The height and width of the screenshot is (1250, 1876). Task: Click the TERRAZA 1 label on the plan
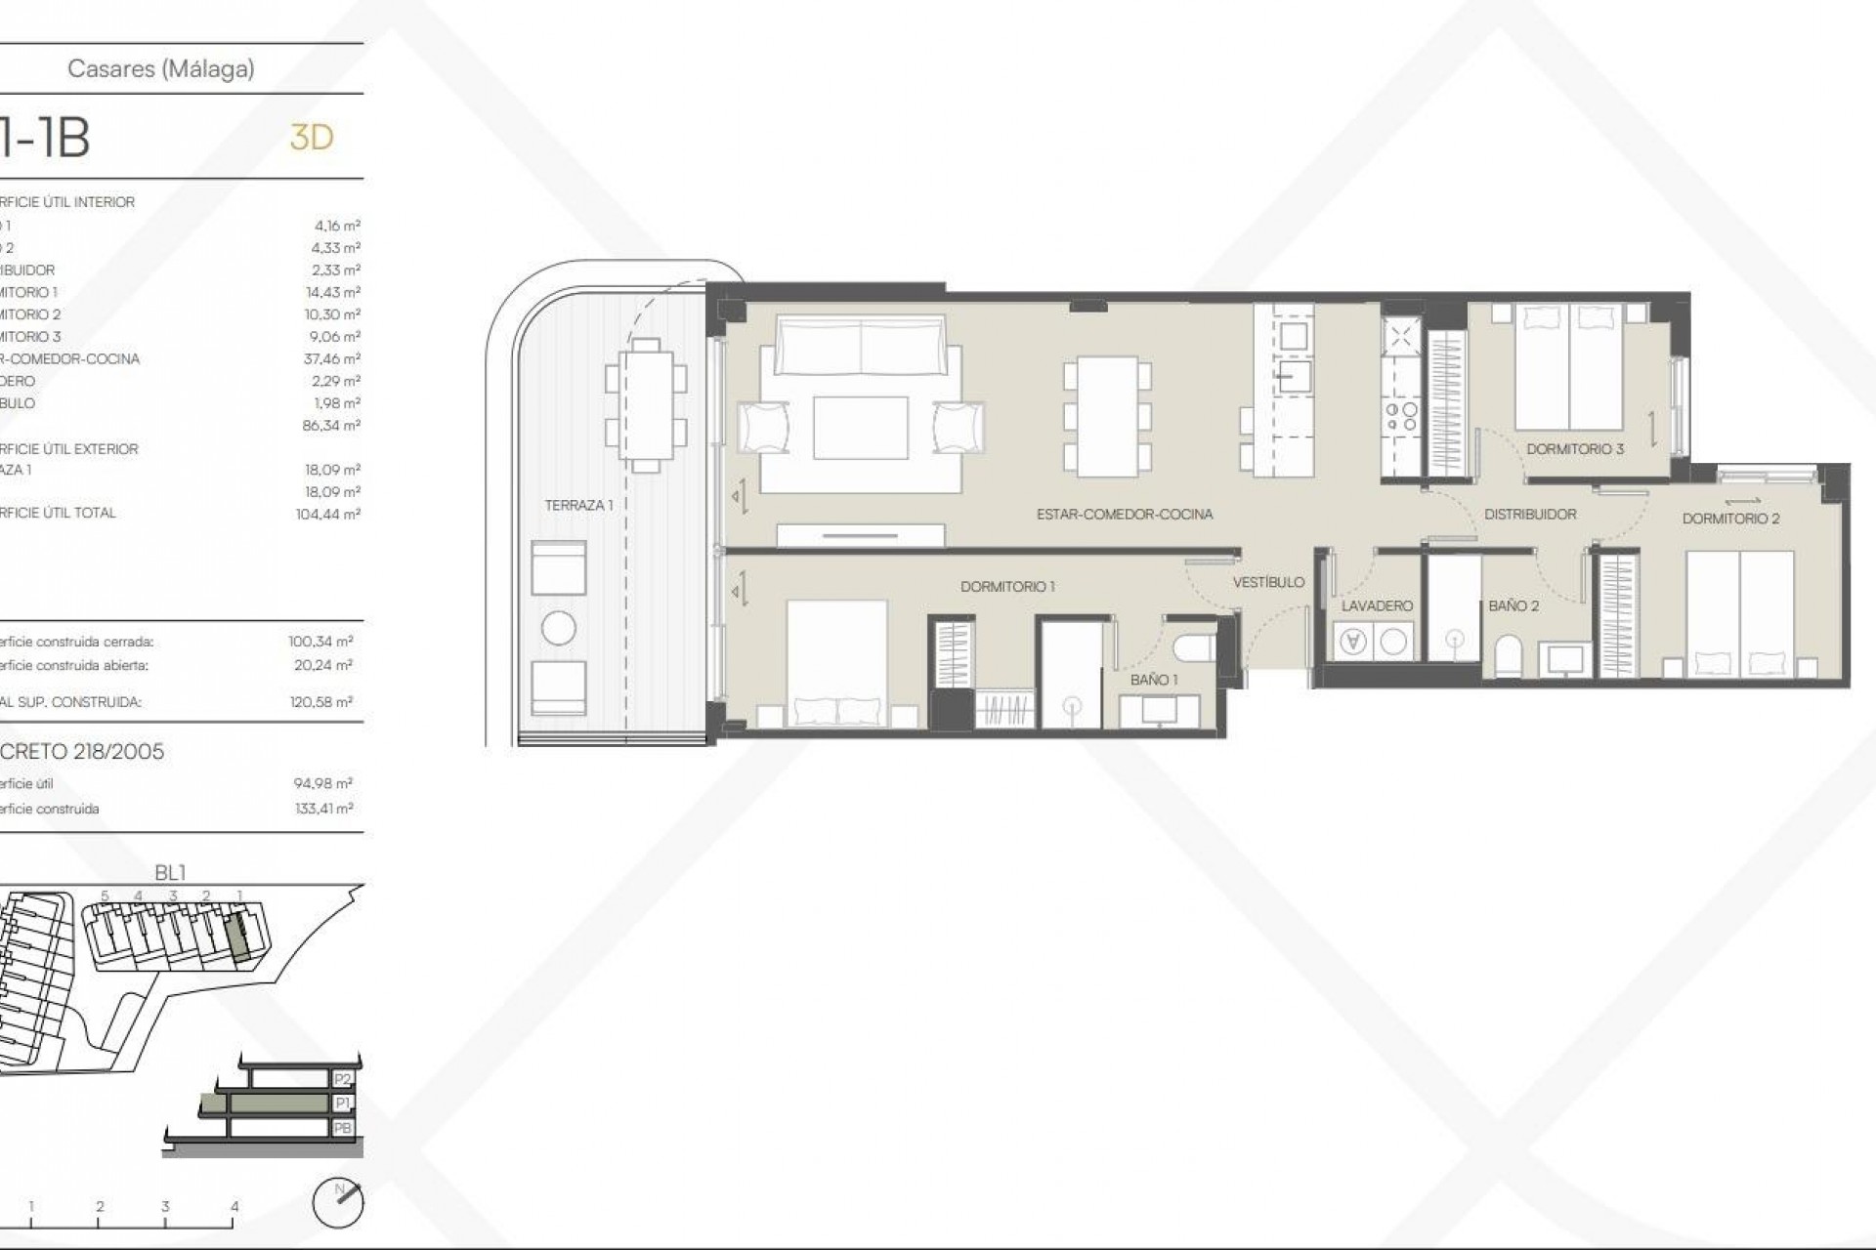tap(578, 505)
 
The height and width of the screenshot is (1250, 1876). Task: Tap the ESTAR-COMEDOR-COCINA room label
tap(1125, 514)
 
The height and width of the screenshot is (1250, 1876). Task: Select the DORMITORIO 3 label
tap(1574, 449)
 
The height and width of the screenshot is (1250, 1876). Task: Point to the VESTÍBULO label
tap(1268, 582)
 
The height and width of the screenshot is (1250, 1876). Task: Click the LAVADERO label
tap(1377, 605)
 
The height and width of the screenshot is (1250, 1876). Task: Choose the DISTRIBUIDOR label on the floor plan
tap(1530, 514)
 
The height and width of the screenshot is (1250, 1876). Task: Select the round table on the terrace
tap(559, 628)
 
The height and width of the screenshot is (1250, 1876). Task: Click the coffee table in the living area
tap(860, 428)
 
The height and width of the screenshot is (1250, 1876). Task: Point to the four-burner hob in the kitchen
tap(1401, 418)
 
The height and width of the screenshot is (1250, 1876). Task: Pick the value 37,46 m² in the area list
tap(332, 358)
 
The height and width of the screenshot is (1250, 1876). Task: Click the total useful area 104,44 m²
tap(328, 514)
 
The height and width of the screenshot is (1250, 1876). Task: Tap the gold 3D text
tap(312, 138)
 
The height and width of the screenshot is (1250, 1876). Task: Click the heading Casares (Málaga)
tap(161, 68)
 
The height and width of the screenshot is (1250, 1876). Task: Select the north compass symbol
tap(338, 1202)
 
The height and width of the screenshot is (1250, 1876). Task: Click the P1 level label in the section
tap(342, 1104)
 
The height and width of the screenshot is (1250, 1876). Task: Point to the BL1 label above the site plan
tap(170, 873)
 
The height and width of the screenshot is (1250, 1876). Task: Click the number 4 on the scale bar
tap(234, 1207)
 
